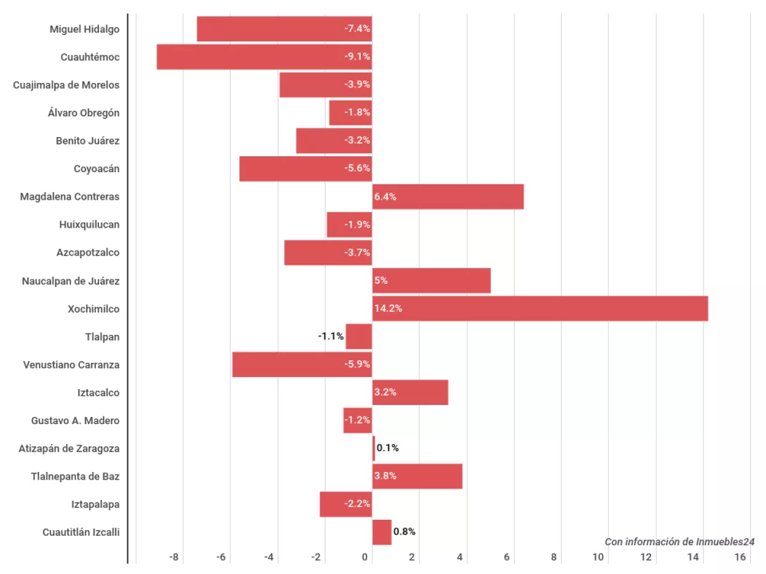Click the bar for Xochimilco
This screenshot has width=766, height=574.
[540, 309]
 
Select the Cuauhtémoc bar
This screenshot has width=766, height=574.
[264, 57]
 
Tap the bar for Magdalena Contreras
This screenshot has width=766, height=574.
[448, 196]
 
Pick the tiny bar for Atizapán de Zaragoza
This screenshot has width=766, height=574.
[373, 448]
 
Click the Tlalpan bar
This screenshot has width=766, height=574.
[359, 337]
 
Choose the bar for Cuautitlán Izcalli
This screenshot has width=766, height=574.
[382, 532]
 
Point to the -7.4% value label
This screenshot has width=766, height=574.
[357, 29]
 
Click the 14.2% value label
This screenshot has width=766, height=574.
[388, 309]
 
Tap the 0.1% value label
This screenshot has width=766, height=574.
[387, 448]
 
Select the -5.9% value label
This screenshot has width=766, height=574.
[357, 365]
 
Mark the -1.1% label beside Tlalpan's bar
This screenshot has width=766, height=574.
[331, 337]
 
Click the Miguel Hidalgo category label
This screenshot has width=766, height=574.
[84, 29]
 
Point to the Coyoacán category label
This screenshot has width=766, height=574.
[96, 169]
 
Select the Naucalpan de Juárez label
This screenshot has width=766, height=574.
[70, 281]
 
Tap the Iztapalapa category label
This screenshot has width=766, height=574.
[95, 504]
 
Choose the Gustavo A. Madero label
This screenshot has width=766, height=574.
[75, 421]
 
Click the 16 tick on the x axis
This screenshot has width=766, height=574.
[740, 557]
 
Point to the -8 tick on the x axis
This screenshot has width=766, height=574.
[174, 557]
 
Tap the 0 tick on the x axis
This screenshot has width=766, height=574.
[365, 557]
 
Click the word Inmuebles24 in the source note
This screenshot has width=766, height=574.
[725, 541]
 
